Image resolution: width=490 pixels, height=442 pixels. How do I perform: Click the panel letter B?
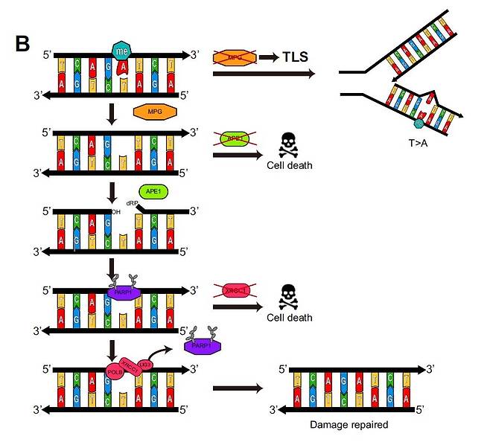click(22, 44)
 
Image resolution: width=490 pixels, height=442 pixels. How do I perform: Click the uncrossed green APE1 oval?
click(156, 190)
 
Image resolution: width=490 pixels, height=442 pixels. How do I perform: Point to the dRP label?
click(132, 204)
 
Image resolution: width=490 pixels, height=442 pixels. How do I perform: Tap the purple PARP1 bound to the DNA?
click(124, 292)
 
